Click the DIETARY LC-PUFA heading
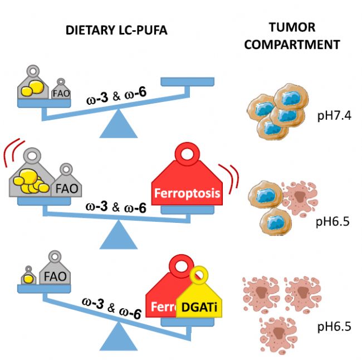116,31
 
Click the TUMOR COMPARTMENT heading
292,36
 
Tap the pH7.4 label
334,115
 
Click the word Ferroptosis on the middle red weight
187,193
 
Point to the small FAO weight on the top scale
61,90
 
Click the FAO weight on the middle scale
66,181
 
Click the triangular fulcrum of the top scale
119,124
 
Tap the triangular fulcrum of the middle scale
119,235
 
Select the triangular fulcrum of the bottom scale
119,337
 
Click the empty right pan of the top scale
188,82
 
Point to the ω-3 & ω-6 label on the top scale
116,95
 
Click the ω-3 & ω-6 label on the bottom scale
111,308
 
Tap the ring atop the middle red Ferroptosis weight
187,153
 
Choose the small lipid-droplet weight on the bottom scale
28,276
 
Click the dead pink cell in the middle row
300,198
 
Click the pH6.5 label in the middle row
332,221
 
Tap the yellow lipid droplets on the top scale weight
32,88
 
